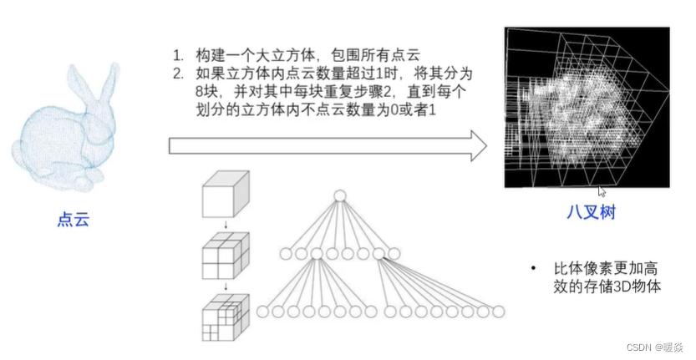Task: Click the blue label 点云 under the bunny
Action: (73, 220)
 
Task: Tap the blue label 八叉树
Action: (590, 213)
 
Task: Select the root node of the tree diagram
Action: (339, 197)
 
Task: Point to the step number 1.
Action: (178, 55)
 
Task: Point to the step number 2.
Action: (178, 74)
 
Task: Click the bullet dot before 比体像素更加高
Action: (533, 268)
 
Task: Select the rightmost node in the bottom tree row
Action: (498, 312)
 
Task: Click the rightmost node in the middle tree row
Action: (394, 253)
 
